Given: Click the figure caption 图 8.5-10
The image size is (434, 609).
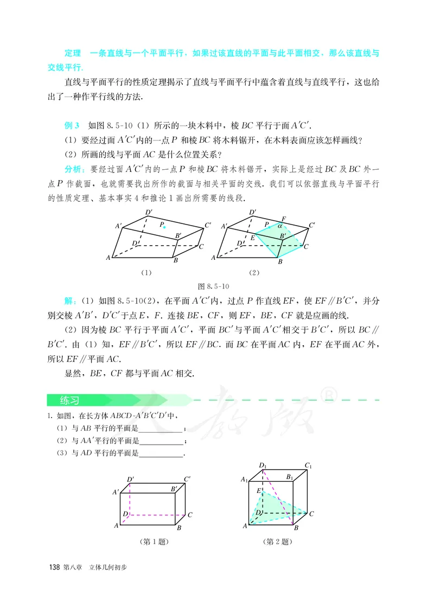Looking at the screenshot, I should click(x=216, y=286).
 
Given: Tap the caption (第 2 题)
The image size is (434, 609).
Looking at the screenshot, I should click(x=277, y=541).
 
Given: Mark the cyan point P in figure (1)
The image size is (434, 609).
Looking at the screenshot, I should click(x=165, y=227).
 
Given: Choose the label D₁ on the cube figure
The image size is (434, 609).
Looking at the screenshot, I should click(x=263, y=465).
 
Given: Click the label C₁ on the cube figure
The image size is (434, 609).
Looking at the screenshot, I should click(x=308, y=465).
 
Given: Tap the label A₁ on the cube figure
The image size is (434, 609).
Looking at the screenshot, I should click(x=245, y=479).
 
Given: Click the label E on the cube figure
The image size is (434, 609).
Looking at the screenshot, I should click(x=259, y=491).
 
